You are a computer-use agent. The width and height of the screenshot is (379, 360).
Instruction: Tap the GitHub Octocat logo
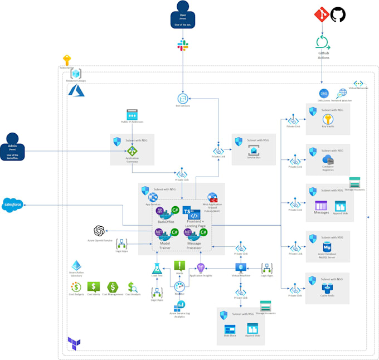(338, 14)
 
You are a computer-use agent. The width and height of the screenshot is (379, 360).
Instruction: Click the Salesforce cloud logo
(12, 205)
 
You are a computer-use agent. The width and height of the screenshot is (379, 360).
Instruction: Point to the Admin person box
(13, 145)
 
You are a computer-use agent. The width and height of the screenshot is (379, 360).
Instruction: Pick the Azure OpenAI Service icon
(99, 230)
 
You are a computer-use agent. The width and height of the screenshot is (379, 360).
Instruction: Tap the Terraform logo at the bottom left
(74, 343)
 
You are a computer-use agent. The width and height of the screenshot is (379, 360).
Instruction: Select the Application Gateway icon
(132, 150)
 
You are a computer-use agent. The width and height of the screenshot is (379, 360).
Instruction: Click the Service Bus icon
(254, 149)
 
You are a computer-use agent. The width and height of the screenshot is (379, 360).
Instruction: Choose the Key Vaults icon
(328, 119)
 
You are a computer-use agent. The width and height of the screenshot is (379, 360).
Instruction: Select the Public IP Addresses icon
(132, 114)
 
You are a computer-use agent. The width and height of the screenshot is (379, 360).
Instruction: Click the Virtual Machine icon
(240, 266)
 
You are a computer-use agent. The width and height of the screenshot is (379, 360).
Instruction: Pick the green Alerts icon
(179, 266)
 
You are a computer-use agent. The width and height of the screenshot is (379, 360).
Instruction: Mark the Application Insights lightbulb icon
(201, 268)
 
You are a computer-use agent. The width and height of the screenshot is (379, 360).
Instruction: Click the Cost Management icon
(113, 287)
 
